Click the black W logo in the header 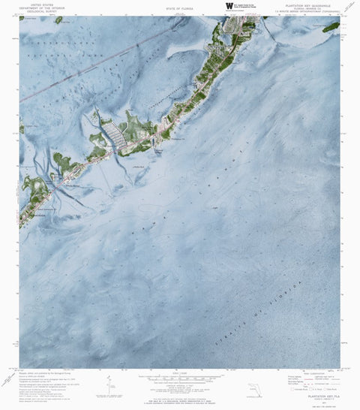click(229, 6)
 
